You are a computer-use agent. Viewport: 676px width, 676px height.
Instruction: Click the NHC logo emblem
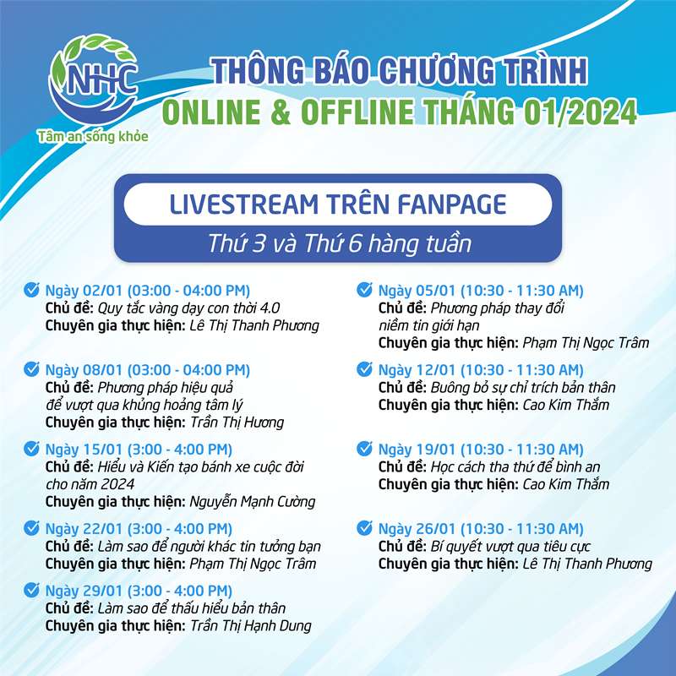coord(94,81)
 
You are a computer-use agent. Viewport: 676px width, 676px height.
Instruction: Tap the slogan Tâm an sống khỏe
coord(93,137)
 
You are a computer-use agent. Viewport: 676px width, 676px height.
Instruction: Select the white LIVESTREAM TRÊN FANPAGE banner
coord(337,204)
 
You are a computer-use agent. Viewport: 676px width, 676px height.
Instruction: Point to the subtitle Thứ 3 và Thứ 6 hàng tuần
coord(340,243)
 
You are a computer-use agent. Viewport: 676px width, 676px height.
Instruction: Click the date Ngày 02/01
coord(84,291)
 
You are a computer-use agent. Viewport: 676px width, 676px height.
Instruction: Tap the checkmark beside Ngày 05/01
coord(364,290)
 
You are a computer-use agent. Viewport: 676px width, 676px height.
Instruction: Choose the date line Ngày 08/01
coord(147,370)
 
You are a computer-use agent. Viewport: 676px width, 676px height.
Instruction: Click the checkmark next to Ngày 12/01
coord(364,369)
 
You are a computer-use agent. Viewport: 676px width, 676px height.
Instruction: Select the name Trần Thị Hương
coord(237,422)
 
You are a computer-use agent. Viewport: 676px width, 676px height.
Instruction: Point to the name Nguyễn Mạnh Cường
coord(252,501)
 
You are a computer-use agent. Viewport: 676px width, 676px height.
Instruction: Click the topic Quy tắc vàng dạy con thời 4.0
coord(188,308)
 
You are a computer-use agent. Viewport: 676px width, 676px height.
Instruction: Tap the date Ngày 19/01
coord(417,450)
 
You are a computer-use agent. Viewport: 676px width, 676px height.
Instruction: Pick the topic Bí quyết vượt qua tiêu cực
coord(510,546)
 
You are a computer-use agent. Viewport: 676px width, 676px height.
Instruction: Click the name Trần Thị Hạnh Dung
coord(250,625)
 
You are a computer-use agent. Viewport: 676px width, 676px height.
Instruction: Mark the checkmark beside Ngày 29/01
coord(31,590)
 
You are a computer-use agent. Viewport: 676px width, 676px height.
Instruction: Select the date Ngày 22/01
coord(84,529)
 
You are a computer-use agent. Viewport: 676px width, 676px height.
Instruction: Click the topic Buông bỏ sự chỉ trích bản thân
coord(523,388)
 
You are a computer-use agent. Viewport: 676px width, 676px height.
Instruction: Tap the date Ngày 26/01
coord(417,529)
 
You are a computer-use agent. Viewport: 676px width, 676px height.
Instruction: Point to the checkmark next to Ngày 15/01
coord(31,449)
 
